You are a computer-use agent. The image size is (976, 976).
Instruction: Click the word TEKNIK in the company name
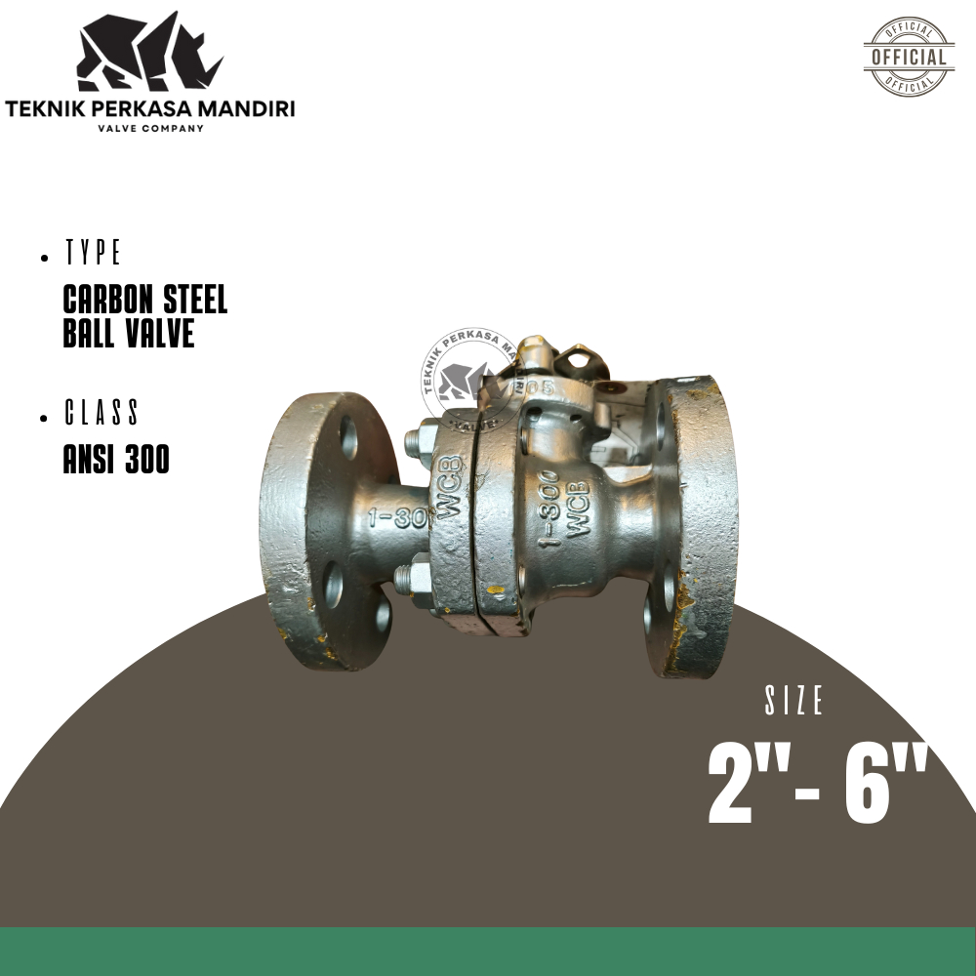[x=45, y=107]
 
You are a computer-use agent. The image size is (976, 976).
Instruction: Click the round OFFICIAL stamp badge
[x=909, y=57]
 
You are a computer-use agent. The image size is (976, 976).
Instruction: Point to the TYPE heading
[x=94, y=254]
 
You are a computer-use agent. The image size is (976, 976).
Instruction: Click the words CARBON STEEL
[x=144, y=300]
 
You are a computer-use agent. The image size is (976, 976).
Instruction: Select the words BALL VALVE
[x=128, y=333]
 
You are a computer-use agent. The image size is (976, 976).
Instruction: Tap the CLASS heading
[x=102, y=414]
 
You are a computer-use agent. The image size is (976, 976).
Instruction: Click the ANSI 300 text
[x=116, y=459]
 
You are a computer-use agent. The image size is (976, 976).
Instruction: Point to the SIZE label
[x=794, y=701]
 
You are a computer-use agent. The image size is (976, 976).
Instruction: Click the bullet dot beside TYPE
[x=46, y=259]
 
